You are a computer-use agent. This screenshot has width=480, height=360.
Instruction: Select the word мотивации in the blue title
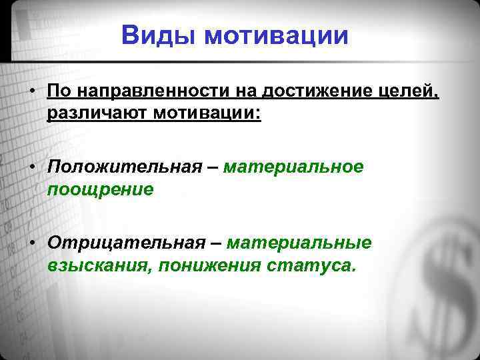(277, 35)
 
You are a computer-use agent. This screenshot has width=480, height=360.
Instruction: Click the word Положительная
(123, 166)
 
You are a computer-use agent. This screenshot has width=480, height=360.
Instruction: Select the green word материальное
(294, 166)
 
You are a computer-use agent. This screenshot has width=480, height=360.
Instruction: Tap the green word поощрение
(100, 189)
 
